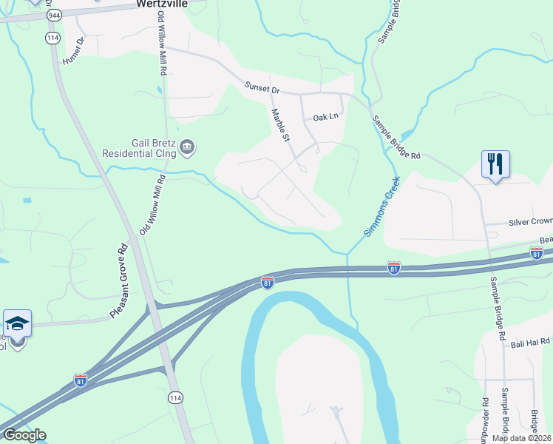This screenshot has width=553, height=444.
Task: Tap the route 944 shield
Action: [x=53, y=16]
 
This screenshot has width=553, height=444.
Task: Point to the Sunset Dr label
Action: [x=262, y=88]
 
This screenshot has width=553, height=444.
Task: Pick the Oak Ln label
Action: [x=325, y=117]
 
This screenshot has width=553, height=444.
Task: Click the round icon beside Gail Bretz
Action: [x=187, y=145]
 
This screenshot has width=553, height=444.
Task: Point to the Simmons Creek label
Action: [x=381, y=206]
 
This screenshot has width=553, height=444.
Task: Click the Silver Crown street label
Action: [x=529, y=221]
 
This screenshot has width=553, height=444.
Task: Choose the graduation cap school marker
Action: [x=17, y=324]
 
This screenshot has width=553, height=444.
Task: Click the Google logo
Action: [x=24, y=435]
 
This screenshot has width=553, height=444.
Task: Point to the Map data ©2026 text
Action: [x=522, y=438]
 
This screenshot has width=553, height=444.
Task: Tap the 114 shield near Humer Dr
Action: [x=52, y=38]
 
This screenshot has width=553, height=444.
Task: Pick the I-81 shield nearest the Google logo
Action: [x=81, y=380]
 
